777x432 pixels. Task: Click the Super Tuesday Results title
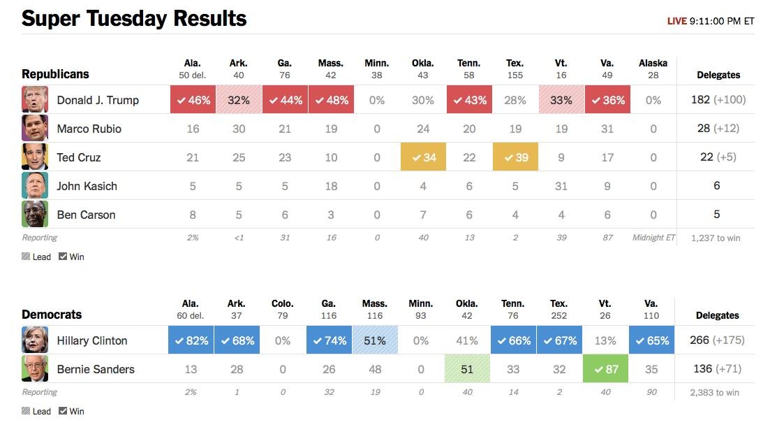134,18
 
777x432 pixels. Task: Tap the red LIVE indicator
676,21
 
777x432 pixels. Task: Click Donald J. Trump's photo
35,100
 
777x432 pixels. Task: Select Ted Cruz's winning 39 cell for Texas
515,157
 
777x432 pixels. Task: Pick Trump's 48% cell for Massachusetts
331,100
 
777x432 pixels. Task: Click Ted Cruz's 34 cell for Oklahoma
423,157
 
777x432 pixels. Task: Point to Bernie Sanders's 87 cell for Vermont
605,369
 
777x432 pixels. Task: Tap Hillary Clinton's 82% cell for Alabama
191,340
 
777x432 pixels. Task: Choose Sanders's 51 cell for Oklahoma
467,369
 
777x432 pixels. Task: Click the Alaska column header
653,63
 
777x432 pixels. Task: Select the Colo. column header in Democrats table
283,303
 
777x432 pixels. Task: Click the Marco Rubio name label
89,129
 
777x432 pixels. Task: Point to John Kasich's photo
35,186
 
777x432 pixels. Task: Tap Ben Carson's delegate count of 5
716,215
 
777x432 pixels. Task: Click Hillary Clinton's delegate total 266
700,340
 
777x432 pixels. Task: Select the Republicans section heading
55,74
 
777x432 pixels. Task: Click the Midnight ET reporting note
653,238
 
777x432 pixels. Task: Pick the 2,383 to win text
715,392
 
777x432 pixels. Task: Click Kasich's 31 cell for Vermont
561,186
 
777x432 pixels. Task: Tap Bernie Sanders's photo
35,369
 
